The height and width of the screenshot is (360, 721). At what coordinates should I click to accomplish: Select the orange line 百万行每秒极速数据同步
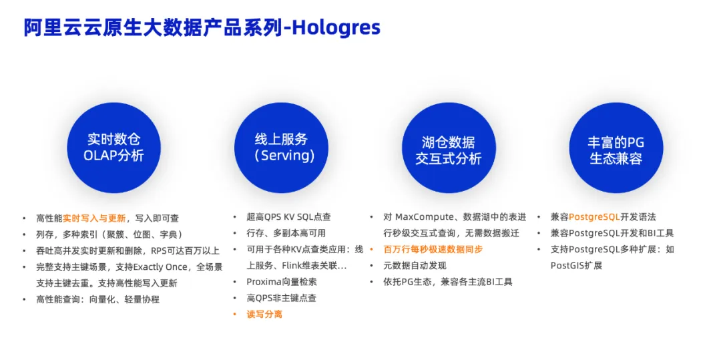pos(433,250)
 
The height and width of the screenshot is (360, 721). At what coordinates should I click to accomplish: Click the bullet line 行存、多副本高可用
pos(286,234)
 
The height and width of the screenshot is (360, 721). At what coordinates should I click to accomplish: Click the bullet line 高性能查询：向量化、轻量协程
pos(97,299)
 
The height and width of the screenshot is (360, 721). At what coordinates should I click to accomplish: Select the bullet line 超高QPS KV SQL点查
pos(288,217)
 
